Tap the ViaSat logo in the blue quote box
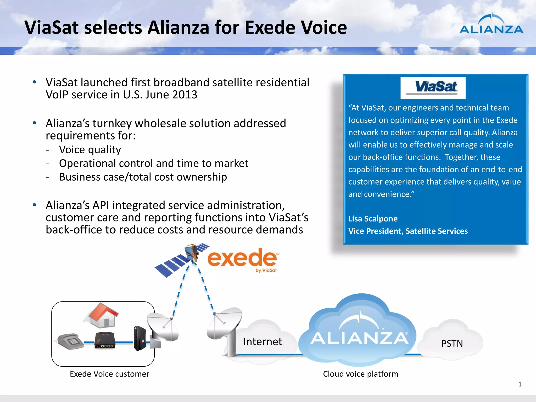(x=433, y=88)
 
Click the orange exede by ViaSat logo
(x=242, y=259)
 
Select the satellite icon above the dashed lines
(x=183, y=259)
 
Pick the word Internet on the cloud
(x=263, y=342)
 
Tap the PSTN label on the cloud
(x=452, y=343)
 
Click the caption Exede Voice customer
(x=109, y=374)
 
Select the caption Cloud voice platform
(x=360, y=374)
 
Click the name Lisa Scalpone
(x=373, y=219)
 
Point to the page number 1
(x=520, y=384)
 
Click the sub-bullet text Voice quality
(x=90, y=149)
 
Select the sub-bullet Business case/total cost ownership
(x=143, y=177)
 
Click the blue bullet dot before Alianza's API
(x=34, y=205)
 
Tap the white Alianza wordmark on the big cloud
(x=359, y=338)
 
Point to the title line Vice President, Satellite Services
(x=408, y=231)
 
